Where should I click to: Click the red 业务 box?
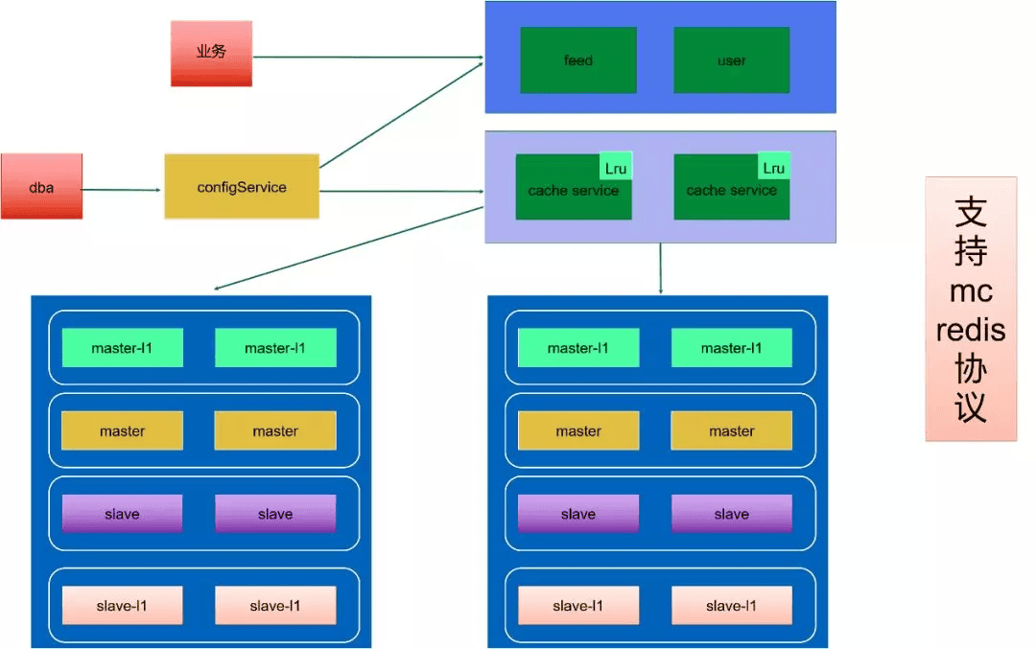click(x=211, y=54)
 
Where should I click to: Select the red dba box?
click(x=41, y=186)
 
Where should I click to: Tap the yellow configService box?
click(x=242, y=186)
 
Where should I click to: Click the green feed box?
click(x=578, y=60)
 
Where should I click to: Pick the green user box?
click(x=732, y=60)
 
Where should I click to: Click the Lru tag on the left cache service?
click(x=616, y=168)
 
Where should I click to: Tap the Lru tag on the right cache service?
click(x=774, y=168)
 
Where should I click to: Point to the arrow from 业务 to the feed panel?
click(x=365, y=57)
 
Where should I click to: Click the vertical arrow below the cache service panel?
click(x=660, y=268)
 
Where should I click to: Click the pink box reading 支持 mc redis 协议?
click(x=971, y=309)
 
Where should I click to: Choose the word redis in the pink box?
click(x=971, y=331)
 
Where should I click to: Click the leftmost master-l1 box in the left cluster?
click(x=122, y=348)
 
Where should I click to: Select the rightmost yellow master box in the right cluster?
click(x=732, y=431)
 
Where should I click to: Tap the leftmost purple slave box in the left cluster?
click(x=122, y=514)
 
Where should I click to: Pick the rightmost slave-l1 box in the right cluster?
click(x=732, y=606)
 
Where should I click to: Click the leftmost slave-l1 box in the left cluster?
click(x=122, y=606)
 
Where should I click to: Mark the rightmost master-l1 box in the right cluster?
click(x=732, y=348)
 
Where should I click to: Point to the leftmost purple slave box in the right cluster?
click(x=578, y=514)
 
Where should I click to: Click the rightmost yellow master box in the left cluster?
click(x=275, y=431)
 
